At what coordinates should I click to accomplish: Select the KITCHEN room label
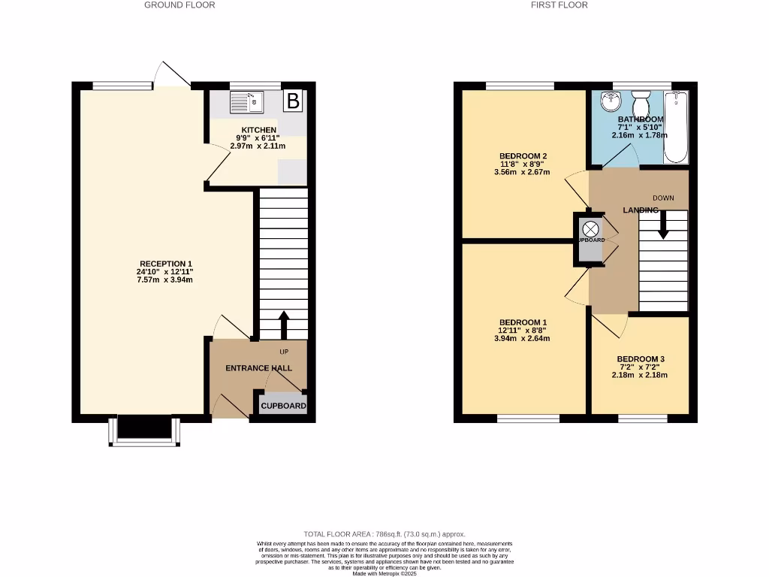[x=254, y=130]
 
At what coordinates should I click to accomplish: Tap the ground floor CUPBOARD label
[x=283, y=406]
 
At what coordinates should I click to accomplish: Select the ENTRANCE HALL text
[x=259, y=368]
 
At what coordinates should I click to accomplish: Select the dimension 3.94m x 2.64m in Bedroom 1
[x=522, y=338]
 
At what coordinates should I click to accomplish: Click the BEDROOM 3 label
[x=640, y=359]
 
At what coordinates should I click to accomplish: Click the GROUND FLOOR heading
[x=179, y=5]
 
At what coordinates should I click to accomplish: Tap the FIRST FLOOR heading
[x=559, y=5]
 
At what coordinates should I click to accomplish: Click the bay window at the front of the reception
[x=143, y=431]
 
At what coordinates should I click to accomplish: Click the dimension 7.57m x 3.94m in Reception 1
[x=164, y=280]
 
